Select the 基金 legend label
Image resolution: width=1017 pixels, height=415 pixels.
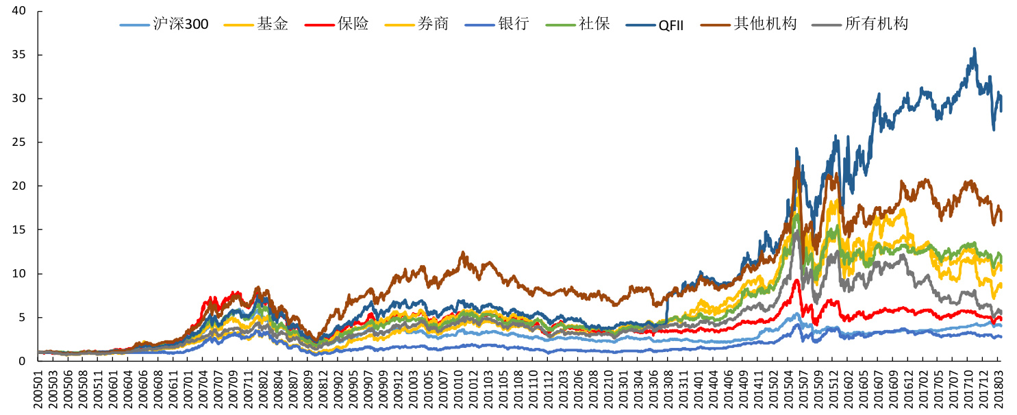click(x=273, y=24)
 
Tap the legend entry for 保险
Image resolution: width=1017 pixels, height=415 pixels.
click(x=353, y=24)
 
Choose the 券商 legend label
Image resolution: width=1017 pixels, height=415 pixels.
click(x=433, y=24)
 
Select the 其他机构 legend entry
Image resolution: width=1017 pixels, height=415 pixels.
click(x=765, y=24)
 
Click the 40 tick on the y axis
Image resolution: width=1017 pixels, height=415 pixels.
click(x=18, y=11)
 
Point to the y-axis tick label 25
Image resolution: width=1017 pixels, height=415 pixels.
click(x=18, y=142)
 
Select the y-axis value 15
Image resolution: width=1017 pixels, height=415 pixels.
click(x=18, y=230)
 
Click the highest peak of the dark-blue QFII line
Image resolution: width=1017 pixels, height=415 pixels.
click(x=974, y=49)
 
